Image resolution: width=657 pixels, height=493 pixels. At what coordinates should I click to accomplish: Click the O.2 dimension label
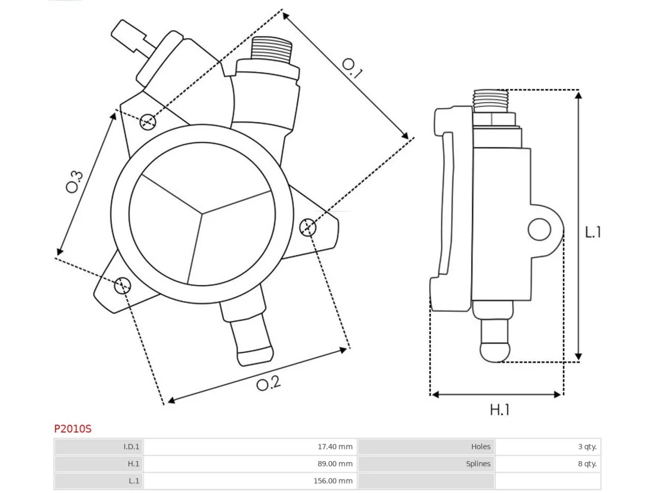[x=268, y=384]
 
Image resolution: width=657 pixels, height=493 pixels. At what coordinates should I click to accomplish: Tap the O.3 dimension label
[x=74, y=182]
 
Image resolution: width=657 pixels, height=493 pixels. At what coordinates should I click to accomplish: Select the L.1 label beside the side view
[x=593, y=232]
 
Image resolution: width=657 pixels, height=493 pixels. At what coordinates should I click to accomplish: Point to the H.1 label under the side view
[x=499, y=410]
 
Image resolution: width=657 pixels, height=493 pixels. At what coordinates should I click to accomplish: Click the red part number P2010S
[x=73, y=429]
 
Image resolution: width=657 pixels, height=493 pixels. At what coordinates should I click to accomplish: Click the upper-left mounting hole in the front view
[x=148, y=122]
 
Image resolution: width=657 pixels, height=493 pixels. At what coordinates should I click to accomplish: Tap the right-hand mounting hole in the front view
[x=307, y=227]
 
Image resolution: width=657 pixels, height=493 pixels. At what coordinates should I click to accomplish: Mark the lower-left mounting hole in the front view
[x=123, y=285]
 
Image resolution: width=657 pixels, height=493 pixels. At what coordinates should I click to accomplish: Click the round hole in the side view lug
[x=539, y=230]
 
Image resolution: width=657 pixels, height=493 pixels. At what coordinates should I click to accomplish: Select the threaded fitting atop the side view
[x=491, y=101]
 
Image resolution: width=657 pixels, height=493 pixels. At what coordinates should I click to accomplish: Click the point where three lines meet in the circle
[x=202, y=214]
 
